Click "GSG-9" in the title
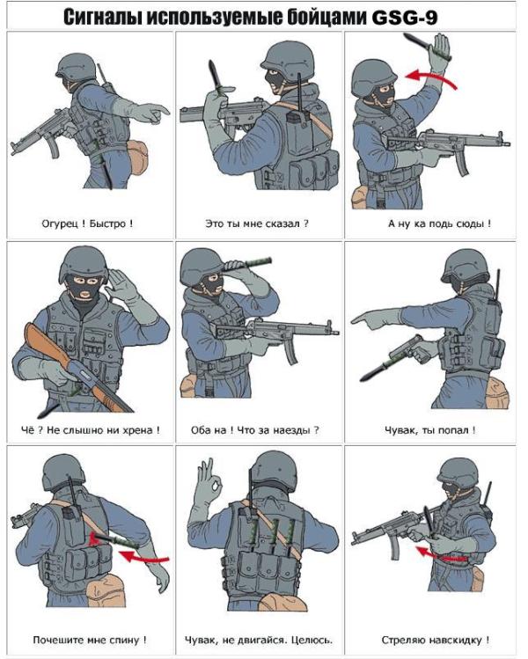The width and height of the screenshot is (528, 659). (x=405, y=17)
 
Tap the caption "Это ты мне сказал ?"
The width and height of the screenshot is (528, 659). (x=257, y=223)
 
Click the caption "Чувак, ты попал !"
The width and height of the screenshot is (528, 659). (x=430, y=430)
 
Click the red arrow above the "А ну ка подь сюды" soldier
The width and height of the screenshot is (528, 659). (x=431, y=76)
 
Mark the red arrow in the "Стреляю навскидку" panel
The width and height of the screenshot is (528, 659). (x=441, y=555)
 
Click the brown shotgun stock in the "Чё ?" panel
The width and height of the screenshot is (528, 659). (x=47, y=342)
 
